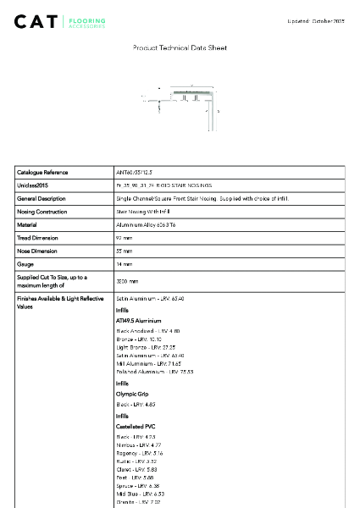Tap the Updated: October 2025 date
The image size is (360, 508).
315,20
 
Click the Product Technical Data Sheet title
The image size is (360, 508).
180,48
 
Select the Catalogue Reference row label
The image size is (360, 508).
42,172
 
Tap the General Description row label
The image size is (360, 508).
42,198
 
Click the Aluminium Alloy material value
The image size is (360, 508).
146,224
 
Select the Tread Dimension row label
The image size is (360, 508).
39,238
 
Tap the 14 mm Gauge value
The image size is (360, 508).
124,265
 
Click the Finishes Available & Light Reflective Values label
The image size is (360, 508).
58,302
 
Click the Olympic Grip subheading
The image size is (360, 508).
131,394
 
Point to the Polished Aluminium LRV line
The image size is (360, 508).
154,372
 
